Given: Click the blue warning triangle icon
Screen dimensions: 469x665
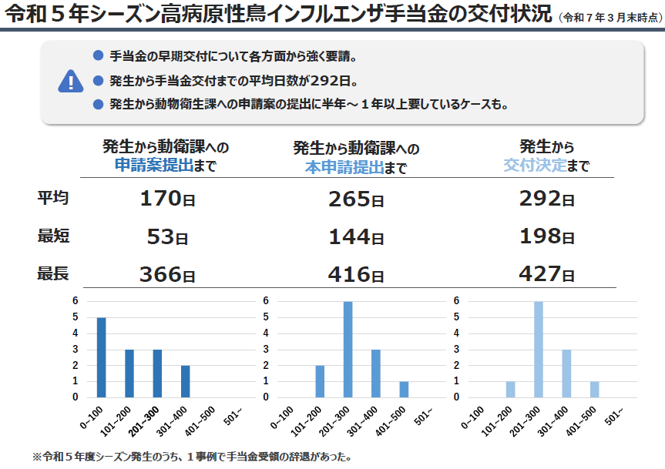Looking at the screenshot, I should [x=70, y=81].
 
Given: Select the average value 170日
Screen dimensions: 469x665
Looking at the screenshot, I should [x=167, y=199].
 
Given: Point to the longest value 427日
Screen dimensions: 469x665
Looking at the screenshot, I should [x=546, y=274].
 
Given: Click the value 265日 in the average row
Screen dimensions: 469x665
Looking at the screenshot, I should [x=356, y=199].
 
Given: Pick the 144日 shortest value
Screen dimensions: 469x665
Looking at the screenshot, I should [x=356, y=237].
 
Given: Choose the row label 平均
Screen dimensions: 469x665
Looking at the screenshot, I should [x=53, y=198].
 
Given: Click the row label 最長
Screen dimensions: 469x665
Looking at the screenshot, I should [x=53, y=273].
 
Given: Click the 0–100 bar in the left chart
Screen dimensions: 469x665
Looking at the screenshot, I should [x=101, y=357].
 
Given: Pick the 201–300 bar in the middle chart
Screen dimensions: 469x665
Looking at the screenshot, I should [x=348, y=349].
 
